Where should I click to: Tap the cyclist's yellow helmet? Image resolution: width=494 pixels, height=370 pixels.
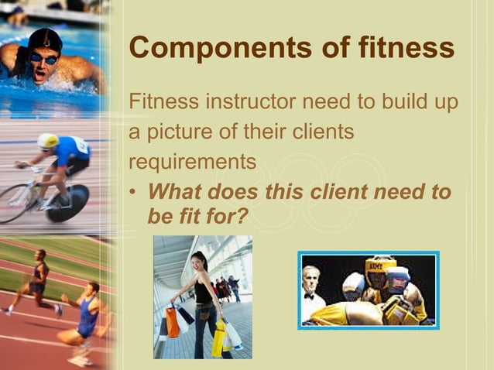pyautogui.click(x=47, y=141)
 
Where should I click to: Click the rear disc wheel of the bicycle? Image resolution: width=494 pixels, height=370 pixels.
pyautogui.click(x=70, y=203)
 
